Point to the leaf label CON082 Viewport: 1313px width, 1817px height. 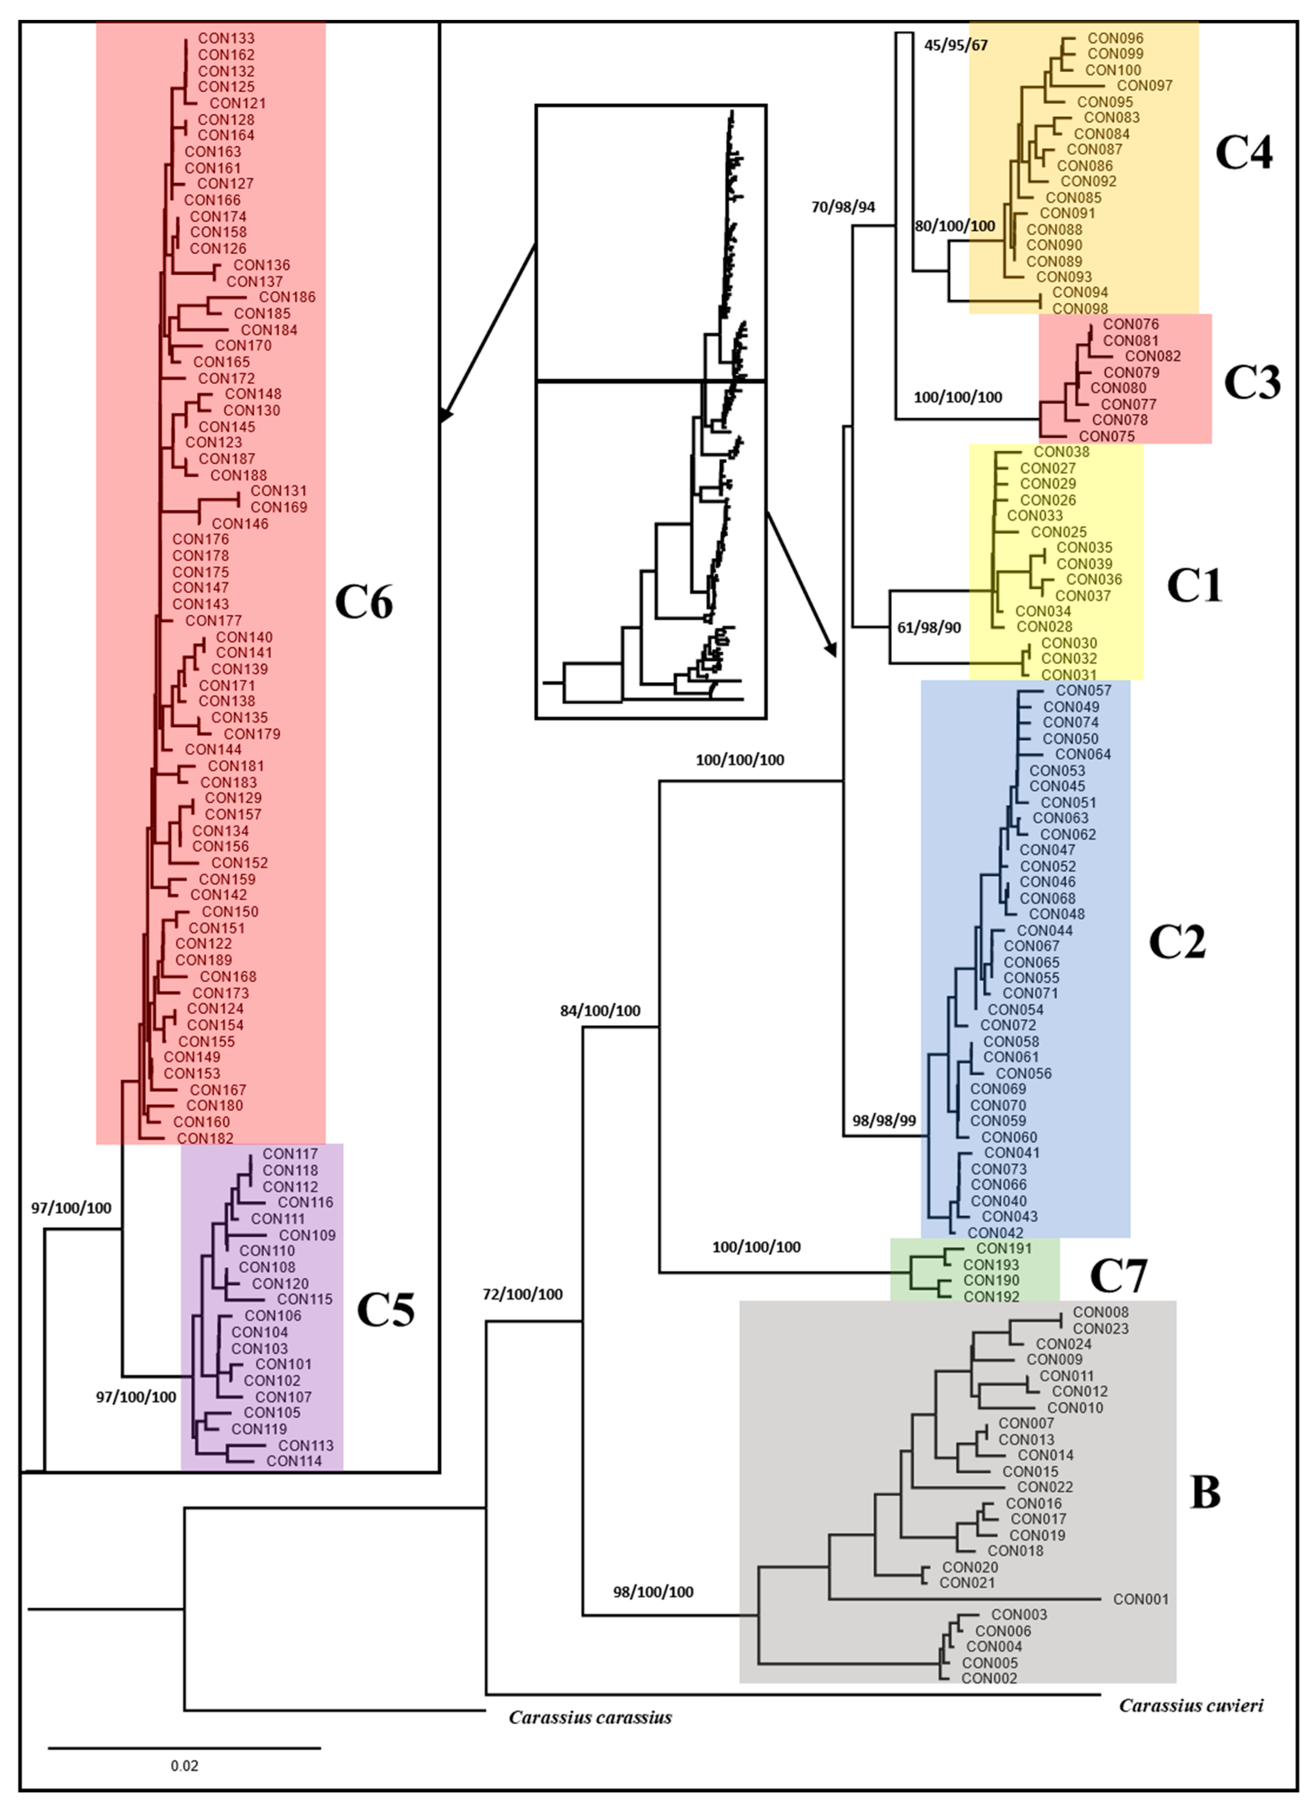[1153, 357]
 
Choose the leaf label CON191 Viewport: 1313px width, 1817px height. [1004, 1248]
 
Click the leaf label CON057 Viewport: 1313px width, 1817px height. [1083, 691]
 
